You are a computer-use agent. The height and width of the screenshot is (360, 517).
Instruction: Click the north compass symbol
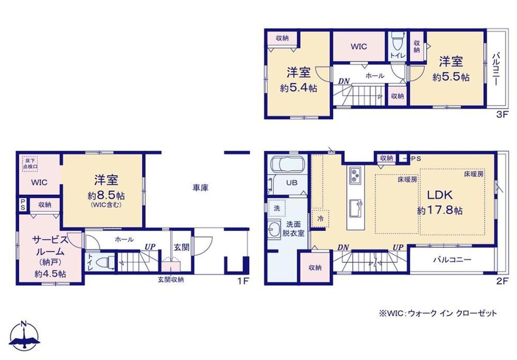click(x=24, y=335)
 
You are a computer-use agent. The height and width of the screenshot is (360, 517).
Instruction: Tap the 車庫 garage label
click(x=201, y=188)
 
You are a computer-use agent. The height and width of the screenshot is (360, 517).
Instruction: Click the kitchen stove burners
click(x=355, y=175)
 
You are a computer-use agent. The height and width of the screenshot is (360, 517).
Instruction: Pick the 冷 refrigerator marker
click(x=320, y=218)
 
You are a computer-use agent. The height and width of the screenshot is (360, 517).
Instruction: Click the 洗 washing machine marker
click(x=277, y=208)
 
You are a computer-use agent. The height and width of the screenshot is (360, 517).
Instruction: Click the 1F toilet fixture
click(x=104, y=262)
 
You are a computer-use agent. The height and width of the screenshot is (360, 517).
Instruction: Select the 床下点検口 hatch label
click(x=30, y=164)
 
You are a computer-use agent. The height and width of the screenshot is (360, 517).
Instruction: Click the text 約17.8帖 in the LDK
click(x=440, y=210)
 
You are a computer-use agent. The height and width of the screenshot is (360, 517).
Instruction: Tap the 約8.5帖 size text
click(x=106, y=195)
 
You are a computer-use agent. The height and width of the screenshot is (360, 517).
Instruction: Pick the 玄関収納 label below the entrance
click(x=171, y=280)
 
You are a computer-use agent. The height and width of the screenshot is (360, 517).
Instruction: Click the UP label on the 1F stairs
click(x=150, y=247)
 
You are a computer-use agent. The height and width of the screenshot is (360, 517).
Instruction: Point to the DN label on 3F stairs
click(x=344, y=81)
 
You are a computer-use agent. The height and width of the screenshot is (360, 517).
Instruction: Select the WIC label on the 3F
click(x=359, y=46)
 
